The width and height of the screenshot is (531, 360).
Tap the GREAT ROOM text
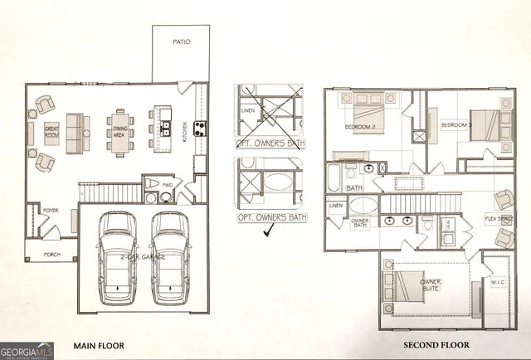tap(51, 133)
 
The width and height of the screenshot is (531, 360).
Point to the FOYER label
tap(50, 211)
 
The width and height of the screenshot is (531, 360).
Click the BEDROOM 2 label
tap(361, 127)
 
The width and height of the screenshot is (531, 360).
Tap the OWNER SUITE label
tap(430, 285)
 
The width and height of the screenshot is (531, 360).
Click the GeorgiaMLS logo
tap(27, 349)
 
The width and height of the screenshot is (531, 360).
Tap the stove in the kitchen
tap(200, 128)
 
